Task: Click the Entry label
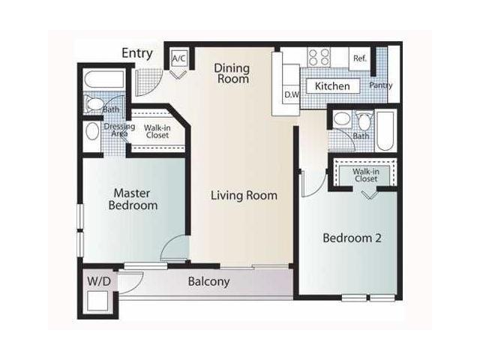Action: point(136,53)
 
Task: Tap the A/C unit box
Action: point(179,58)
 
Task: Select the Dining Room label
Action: point(232,73)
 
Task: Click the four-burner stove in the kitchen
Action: point(319,57)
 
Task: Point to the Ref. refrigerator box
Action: point(360,58)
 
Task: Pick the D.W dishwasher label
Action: point(292,95)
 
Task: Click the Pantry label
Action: point(381,85)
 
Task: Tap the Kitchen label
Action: point(332,86)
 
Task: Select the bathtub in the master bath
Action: point(104,79)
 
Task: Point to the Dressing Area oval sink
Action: point(92,132)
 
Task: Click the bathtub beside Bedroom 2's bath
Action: point(385,131)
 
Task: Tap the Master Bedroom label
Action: point(133,199)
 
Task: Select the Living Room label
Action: point(244,195)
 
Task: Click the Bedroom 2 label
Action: point(352,238)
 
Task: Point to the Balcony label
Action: point(208,281)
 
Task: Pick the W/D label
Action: point(99,281)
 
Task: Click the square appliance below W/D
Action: point(97,301)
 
